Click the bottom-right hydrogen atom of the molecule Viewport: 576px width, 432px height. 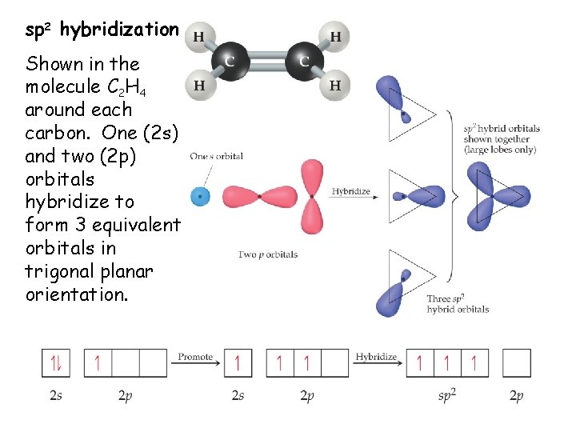334,85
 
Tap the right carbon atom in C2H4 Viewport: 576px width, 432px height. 303,61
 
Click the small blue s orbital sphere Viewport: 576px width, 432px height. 200,196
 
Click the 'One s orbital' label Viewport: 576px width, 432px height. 216,157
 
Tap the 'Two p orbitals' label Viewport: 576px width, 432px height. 268,254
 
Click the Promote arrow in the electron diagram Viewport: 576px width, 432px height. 196,362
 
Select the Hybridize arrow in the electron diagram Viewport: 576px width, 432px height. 376,362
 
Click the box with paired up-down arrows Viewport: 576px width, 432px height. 56,363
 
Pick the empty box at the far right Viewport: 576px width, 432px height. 517,363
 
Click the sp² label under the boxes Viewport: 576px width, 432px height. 447,395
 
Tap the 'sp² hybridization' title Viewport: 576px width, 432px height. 102,30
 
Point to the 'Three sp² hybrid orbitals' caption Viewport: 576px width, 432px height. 458,304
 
